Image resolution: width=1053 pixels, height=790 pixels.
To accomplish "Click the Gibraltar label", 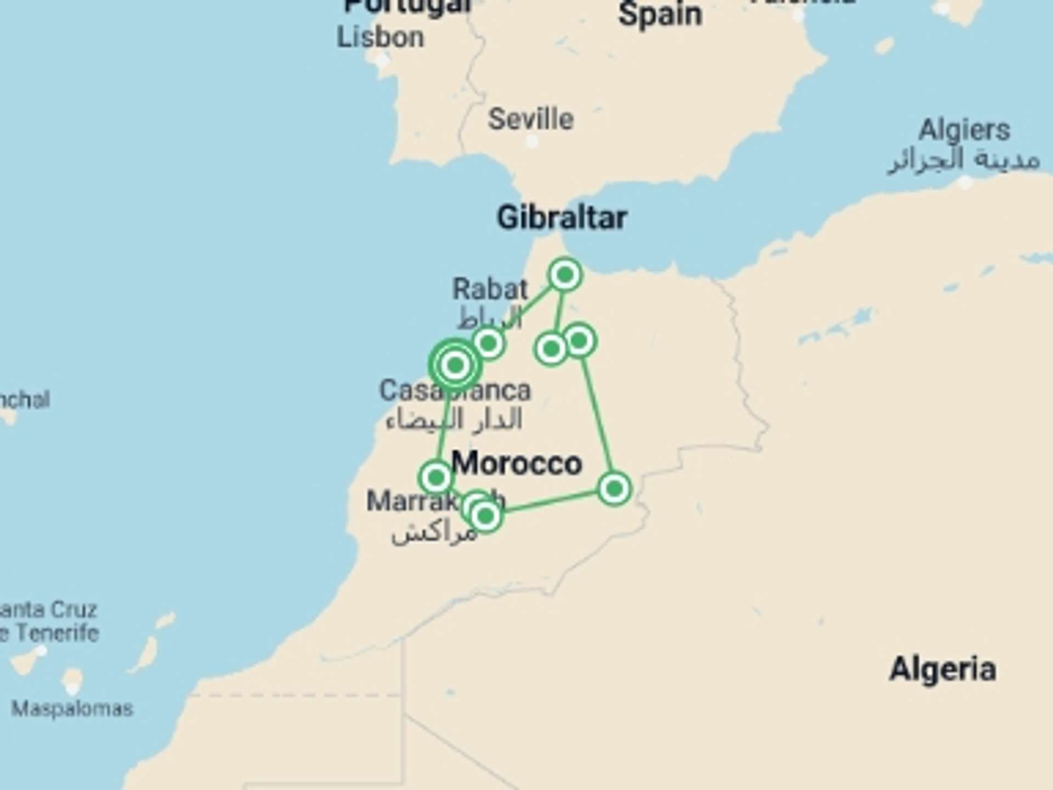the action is point(562,218).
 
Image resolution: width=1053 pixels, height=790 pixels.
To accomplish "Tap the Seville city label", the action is point(530,119).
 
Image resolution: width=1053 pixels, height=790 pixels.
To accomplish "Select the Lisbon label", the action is point(380,37).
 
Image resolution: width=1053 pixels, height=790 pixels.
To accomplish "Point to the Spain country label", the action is point(660,14).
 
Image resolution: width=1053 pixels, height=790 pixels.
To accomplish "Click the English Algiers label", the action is point(964,131).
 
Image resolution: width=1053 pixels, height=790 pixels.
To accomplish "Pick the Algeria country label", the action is point(942,669).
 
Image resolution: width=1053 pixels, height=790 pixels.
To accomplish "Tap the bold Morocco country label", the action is point(516,464).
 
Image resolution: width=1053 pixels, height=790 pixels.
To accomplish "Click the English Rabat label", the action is point(490,289).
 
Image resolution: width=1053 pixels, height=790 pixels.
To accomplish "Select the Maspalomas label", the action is point(72,709).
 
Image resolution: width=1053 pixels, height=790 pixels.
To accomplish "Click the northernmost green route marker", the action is point(565,274).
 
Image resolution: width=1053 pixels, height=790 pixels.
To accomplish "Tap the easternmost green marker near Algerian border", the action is point(614,488).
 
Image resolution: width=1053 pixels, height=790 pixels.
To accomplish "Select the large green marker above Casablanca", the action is point(455,364).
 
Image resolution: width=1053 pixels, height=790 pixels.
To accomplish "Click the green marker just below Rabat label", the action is point(488,344).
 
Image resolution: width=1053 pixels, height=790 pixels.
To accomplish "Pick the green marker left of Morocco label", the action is point(435,477).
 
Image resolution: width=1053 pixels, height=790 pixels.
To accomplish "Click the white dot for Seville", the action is point(531,142).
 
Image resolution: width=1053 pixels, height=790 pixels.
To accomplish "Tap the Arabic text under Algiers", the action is point(964,160).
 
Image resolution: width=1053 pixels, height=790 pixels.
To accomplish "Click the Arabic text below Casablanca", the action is point(454,420).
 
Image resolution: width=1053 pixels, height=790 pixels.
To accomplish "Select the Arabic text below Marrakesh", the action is point(433,533).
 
